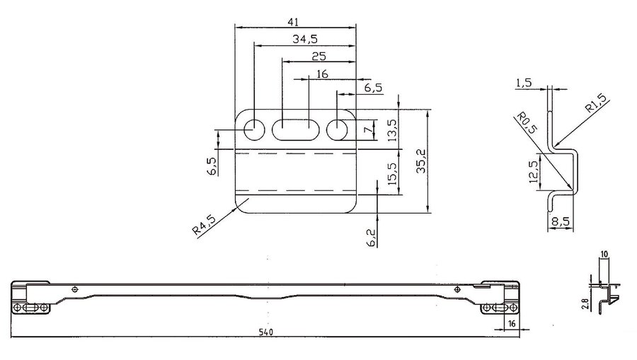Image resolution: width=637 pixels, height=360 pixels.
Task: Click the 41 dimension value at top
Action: (x=293, y=22)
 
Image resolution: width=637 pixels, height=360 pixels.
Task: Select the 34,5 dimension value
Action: (x=305, y=40)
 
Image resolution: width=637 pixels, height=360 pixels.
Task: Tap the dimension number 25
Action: (x=319, y=57)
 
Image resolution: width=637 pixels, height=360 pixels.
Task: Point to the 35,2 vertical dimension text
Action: (x=421, y=161)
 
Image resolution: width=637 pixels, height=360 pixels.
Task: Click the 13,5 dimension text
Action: (x=393, y=130)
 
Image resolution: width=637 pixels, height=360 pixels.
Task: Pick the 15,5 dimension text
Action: (x=393, y=174)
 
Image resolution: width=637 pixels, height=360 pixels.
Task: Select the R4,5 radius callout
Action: (x=205, y=224)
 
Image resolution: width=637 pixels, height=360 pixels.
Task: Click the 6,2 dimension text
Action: (x=372, y=238)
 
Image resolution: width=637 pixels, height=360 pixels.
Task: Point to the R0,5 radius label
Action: (x=527, y=122)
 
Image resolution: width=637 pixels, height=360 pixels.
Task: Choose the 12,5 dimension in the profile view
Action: (x=534, y=172)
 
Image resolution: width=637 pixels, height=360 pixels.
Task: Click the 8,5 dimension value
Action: (x=561, y=222)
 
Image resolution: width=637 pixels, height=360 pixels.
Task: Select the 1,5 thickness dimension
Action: (x=524, y=83)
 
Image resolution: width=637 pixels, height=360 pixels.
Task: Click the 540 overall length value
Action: (x=266, y=332)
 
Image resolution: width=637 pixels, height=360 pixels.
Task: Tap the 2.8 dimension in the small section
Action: (x=585, y=304)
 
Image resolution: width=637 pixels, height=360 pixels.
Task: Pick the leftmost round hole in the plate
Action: (x=254, y=130)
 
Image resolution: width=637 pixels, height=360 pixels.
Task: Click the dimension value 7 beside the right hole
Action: (x=367, y=130)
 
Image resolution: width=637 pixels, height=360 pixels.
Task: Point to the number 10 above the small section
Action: (x=604, y=255)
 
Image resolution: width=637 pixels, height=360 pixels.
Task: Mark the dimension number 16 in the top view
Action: (x=322, y=74)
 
